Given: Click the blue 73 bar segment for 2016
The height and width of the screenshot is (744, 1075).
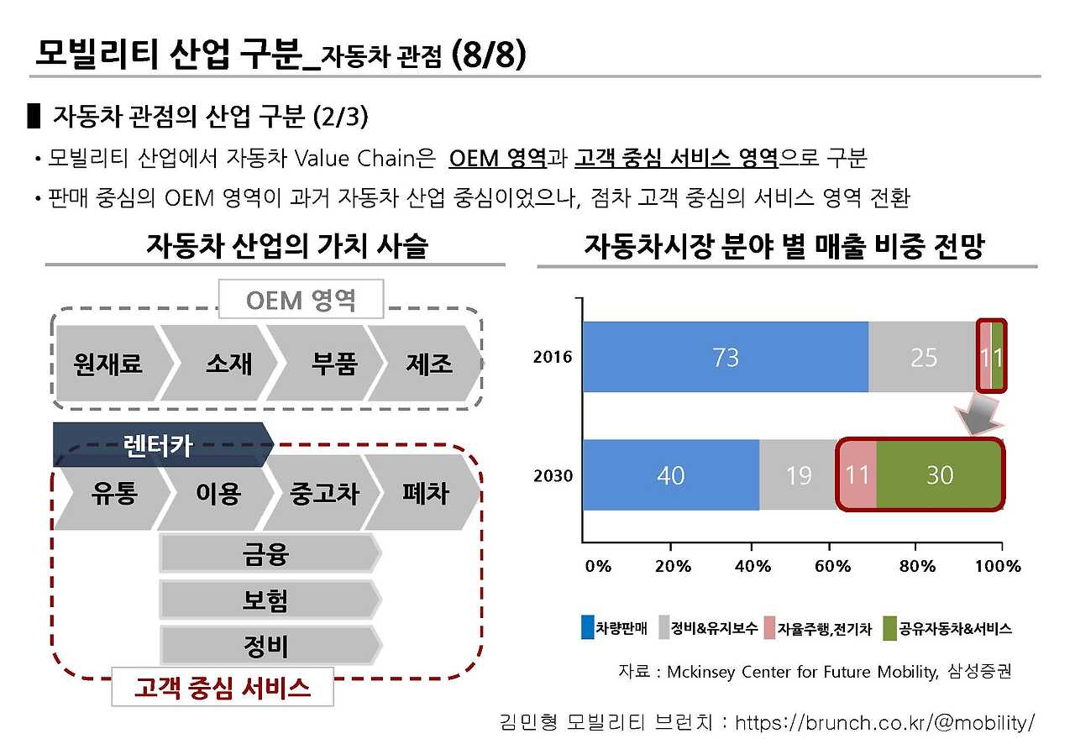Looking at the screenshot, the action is pyautogui.click(x=725, y=357).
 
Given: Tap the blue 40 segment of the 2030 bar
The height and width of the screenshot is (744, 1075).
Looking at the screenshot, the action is pyautogui.click(x=671, y=474).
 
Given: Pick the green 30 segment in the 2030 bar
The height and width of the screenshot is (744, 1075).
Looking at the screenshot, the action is pyautogui.click(x=939, y=474).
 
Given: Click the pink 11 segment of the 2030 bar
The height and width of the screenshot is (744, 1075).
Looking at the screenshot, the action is pyautogui.click(x=857, y=474).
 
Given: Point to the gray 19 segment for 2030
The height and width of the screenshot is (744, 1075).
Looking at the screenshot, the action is pyautogui.click(x=798, y=474).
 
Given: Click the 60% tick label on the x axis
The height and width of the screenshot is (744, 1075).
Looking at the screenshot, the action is pyautogui.click(x=832, y=567).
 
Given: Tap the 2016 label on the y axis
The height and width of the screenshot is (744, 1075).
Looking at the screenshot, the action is pyautogui.click(x=553, y=357).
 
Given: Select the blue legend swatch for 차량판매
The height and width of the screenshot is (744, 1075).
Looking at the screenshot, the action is pyautogui.click(x=587, y=627).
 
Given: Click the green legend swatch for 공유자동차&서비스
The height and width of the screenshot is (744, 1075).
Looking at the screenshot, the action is pyautogui.click(x=889, y=628).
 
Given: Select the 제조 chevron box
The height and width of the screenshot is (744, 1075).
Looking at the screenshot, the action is pyautogui.click(x=425, y=363).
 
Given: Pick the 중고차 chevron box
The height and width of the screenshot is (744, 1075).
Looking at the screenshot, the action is pyautogui.click(x=322, y=492).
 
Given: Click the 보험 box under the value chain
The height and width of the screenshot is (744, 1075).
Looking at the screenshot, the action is pyautogui.click(x=270, y=600).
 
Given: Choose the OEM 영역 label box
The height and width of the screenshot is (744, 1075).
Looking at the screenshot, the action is pyautogui.click(x=301, y=299).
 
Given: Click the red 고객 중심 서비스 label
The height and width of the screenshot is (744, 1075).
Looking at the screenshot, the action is pyautogui.click(x=223, y=687).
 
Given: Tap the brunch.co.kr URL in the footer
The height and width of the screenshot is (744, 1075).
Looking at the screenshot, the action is pyautogui.click(x=884, y=723).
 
